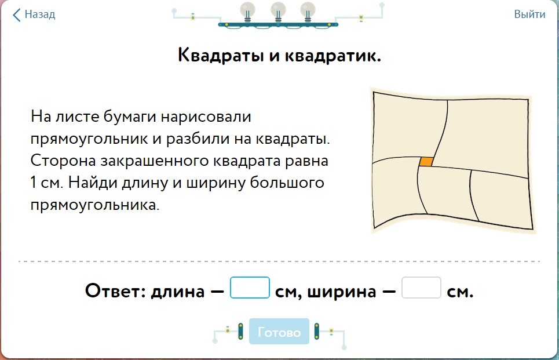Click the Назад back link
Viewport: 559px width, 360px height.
click(39, 14)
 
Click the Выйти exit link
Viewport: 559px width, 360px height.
click(529, 14)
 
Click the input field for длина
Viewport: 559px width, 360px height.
click(250, 288)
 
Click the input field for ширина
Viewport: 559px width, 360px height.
click(421, 288)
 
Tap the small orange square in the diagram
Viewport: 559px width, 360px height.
click(426, 162)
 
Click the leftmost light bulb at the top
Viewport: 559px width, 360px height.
click(248, 11)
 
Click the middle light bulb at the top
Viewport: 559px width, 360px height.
click(278, 11)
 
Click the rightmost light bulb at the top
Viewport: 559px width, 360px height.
click(308, 11)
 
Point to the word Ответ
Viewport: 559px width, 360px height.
click(115, 290)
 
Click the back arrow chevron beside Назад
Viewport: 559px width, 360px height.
click(17, 14)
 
